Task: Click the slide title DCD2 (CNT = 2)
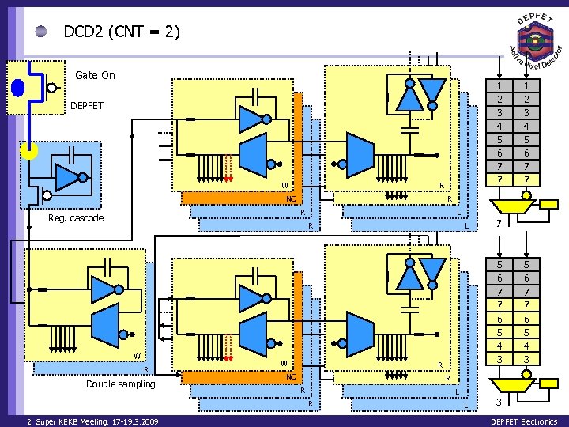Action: pyautogui.click(x=122, y=32)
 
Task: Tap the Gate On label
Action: pyautogui.click(x=95, y=75)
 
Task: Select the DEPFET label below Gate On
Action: pyautogui.click(x=86, y=105)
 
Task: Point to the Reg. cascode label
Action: pyautogui.click(x=75, y=217)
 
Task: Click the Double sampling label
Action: pyautogui.click(x=121, y=384)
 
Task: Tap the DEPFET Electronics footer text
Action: pyautogui.click(x=524, y=421)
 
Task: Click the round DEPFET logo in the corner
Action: pyautogui.click(x=535, y=40)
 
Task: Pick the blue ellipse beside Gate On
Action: pyautogui.click(x=17, y=87)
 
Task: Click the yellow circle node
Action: pyautogui.click(x=29, y=150)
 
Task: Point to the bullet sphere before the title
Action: pyautogui.click(x=41, y=32)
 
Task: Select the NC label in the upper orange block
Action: pyautogui.click(x=291, y=198)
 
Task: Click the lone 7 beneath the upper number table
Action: pyautogui.click(x=499, y=225)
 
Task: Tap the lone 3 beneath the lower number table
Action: pyautogui.click(x=499, y=402)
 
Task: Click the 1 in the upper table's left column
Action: pyautogui.click(x=499, y=85)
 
